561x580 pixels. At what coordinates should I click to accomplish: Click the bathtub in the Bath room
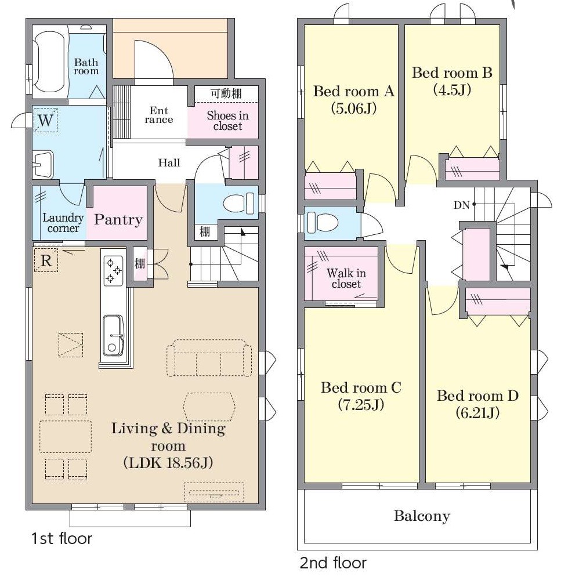tap(50, 62)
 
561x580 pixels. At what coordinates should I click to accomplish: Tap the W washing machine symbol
tap(45, 120)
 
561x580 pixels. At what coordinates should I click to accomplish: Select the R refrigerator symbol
tap(46, 260)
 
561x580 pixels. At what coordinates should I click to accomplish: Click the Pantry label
tap(118, 220)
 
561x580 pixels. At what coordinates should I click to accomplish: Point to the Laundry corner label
tap(63, 223)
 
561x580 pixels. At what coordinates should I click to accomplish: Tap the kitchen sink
tap(113, 335)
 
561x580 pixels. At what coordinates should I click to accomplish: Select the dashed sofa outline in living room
tap(209, 358)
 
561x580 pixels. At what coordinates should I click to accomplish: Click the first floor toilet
tap(240, 203)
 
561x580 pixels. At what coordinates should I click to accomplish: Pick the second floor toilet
tap(323, 222)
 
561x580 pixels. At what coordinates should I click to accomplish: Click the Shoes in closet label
tap(227, 121)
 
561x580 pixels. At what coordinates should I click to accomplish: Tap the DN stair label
tap(461, 205)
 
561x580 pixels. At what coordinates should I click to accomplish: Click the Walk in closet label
tap(346, 278)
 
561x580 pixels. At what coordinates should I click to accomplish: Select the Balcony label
tap(422, 516)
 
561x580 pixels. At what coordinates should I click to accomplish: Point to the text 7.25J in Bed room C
tap(361, 405)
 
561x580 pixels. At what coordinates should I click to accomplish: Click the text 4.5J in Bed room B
tap(452, 90)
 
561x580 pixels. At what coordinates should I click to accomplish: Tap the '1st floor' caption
tap(61, 539)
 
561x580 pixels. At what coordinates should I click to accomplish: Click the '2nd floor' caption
tap(333, 563)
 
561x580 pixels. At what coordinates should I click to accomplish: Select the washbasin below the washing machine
tap(44, 165)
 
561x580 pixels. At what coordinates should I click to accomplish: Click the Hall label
tap(169, 163)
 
